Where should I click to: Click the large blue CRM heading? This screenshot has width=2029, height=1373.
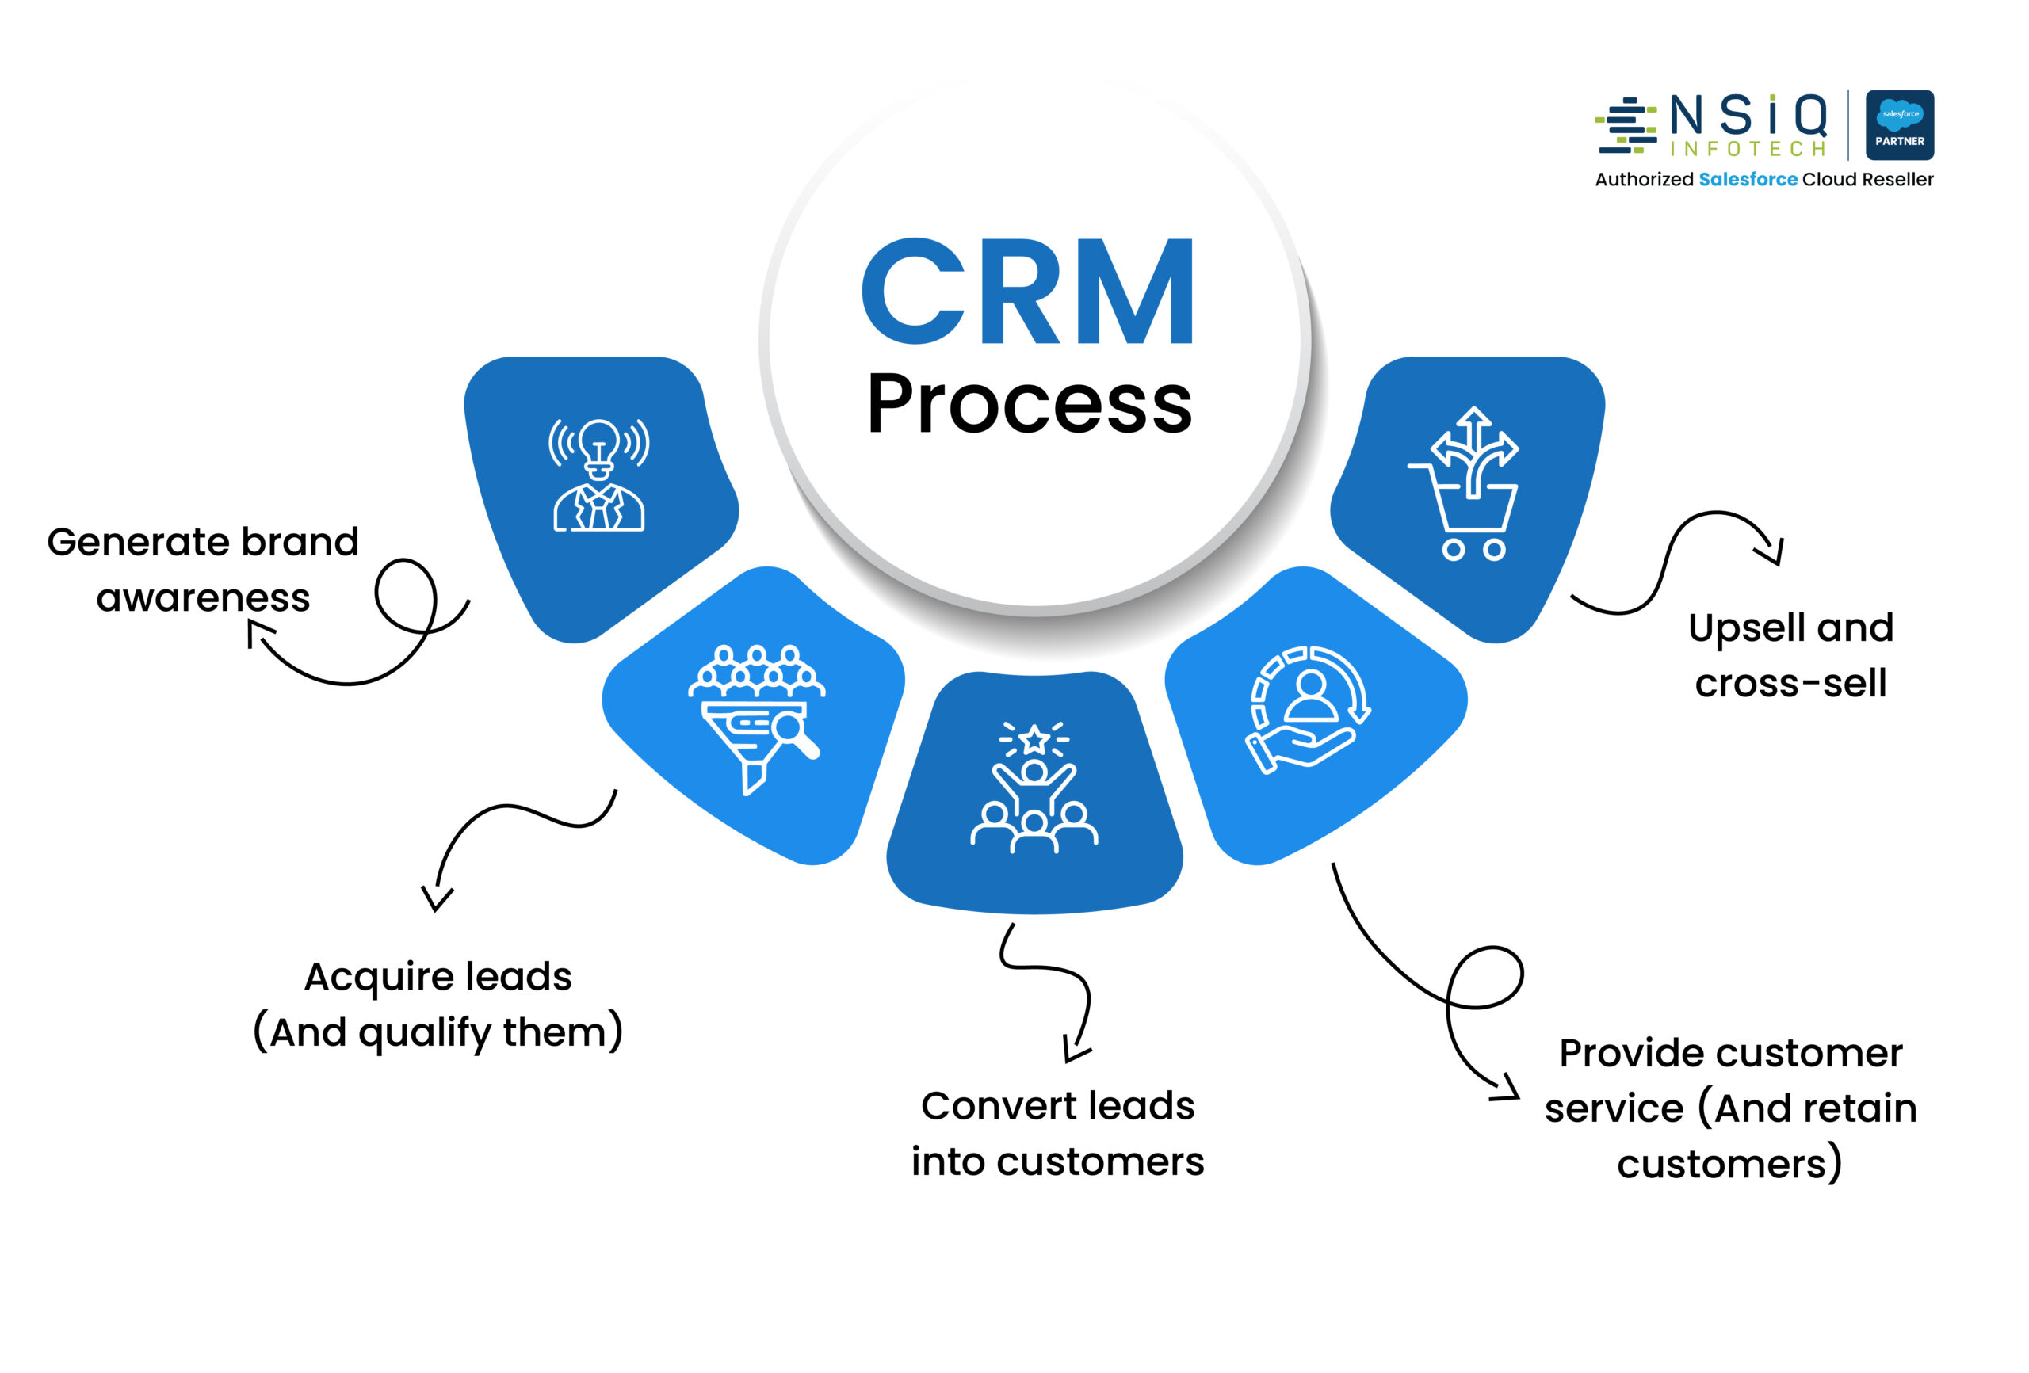click(1028, 292)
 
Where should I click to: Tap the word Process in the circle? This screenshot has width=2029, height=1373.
click(1030, 404)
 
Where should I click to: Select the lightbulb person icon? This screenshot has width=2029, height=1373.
click(599, 475)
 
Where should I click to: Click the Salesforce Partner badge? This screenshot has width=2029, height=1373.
click(1899, 125)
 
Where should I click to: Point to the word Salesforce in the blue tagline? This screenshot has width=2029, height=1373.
click(1747, 180)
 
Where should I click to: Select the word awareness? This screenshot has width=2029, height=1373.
click(203, 599)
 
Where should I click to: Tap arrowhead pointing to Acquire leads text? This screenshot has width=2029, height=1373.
click(437, 900)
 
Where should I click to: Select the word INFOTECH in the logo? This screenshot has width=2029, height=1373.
click(1748, 149)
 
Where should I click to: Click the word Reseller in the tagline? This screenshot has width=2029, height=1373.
click(1897, 180)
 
